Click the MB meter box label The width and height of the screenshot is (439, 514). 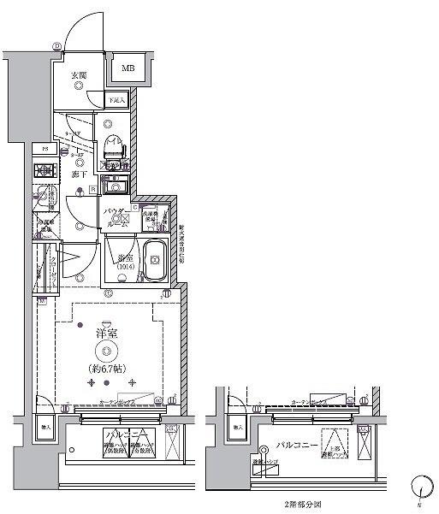[x=127, y=68]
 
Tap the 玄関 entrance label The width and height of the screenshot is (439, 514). [x=78, y=76]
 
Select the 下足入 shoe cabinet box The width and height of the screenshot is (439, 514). [x=117, y=99]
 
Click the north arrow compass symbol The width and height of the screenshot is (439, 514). [x=418, y=488]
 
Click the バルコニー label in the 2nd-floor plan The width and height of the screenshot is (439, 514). [x=298, y=445]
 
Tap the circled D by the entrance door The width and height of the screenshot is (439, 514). [x=57, y=46]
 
